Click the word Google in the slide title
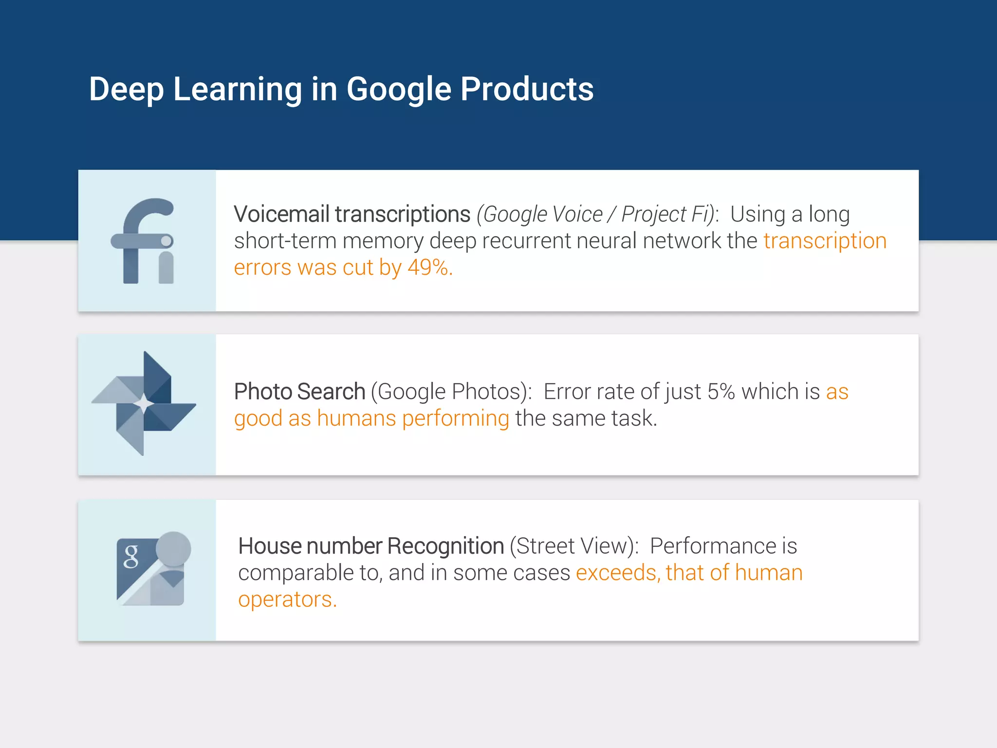399,90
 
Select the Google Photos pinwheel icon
144,404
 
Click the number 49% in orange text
428,267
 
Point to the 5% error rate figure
721,392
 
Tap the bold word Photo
263,392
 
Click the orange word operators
287,599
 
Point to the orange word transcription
825,241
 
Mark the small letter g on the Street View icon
131,556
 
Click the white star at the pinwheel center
144,403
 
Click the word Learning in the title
237,90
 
